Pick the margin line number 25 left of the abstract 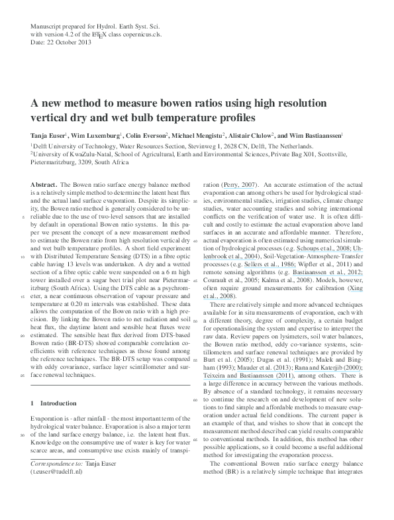[23, 376]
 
